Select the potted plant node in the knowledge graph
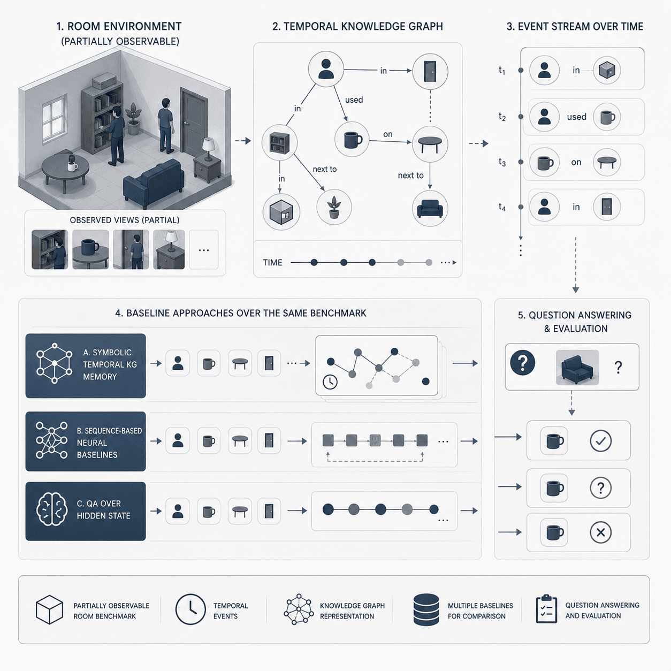point(334,207)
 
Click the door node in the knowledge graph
point(430,71)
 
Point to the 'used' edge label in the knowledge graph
point(354,100)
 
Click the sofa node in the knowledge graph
point(430,208)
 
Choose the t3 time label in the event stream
point(502,162)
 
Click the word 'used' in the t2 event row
point(576,117)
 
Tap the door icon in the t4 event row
point(607,207)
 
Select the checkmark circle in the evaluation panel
point(601,441)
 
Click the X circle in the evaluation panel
point(601,532)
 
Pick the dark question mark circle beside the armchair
point(523,363)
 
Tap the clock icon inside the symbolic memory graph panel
point(330,382)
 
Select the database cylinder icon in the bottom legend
point(426,609)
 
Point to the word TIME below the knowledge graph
point(272,263)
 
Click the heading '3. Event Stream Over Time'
point(575,26)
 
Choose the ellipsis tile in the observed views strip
point(204,249)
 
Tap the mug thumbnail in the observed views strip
point(90,249)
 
